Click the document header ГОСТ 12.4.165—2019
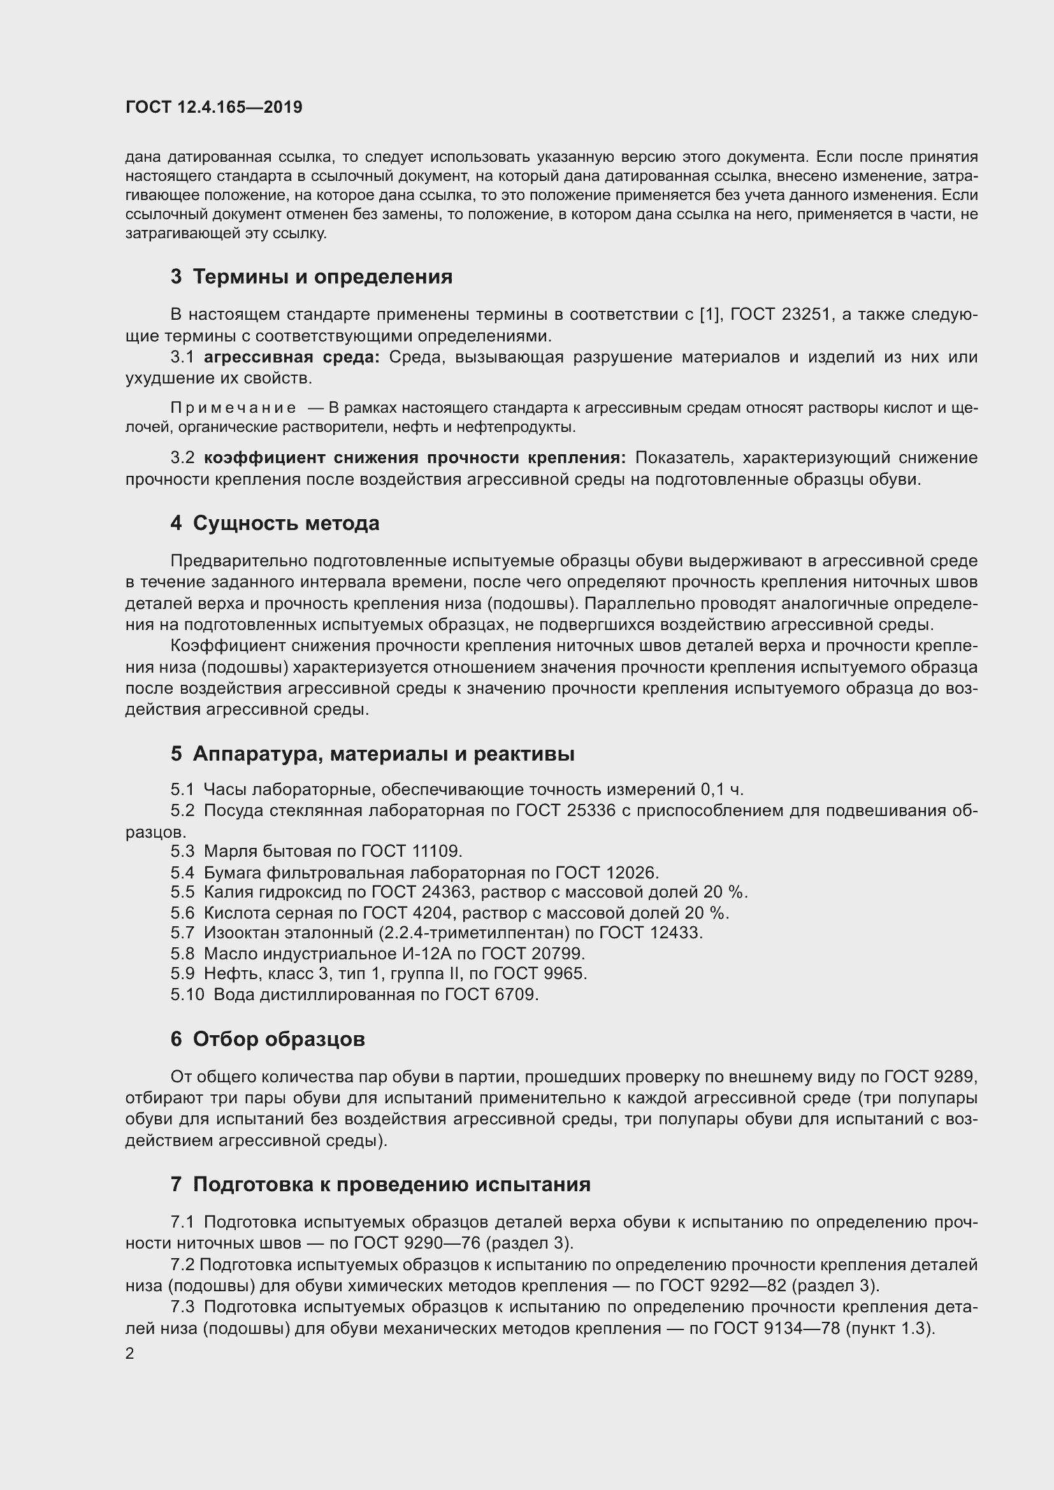(213, 107)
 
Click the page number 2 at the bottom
(130, 1354)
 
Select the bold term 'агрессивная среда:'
(291, 357)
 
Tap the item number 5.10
(187, 995)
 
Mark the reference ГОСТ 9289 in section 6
(928, 1077)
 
